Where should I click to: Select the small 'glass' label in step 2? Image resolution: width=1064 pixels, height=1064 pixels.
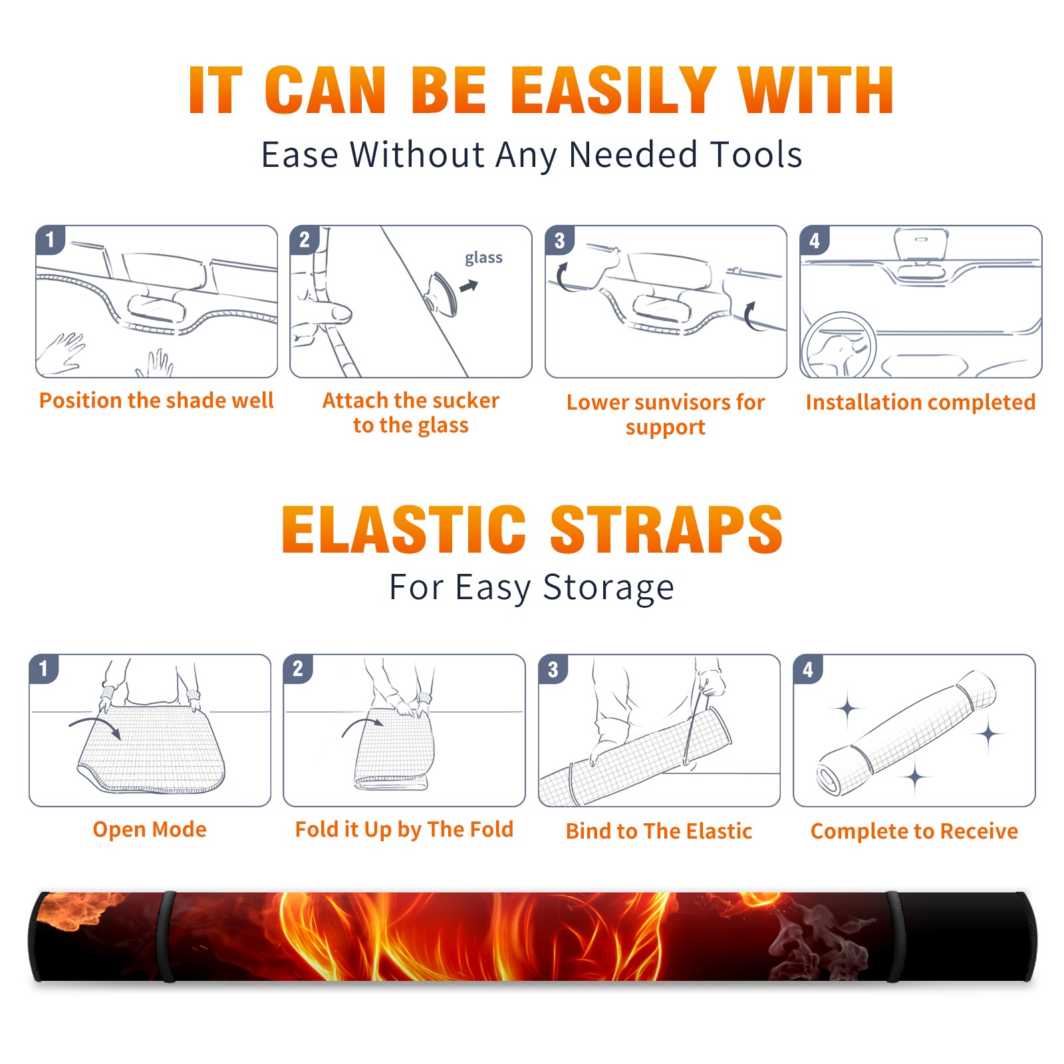pyautogui.click(x=483, y=258)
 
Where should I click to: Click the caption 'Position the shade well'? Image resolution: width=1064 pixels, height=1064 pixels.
pyautogui.click(x=156, y=400)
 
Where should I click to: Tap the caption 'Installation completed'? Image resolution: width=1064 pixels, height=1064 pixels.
pyautogui.click(x=920, y=402)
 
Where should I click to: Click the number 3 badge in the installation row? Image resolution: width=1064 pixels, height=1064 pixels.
pyautogui.click(x=559, y=240)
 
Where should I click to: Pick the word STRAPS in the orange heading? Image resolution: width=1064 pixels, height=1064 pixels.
pyautogui.click(x=666, y=529)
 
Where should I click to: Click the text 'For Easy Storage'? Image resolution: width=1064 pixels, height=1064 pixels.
pyautogui.click(x=531, y=587)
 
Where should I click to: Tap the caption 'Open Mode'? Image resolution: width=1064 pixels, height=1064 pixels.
pyautogui.click(x=150, y=829)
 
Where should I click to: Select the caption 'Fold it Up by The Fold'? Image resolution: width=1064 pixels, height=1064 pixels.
pyautogui.click(x=404, y=829)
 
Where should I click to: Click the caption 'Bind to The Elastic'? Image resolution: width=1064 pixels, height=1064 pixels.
pyautogui.click(x=659, y=831)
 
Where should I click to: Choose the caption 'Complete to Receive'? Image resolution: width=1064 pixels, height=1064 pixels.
pyautogui.click(x=914, y=831)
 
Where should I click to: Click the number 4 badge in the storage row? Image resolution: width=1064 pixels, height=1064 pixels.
pyautogui.click(x=808, y=669)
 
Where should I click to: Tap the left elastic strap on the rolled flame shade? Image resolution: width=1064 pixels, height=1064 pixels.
pyautogui.click(x=166, y=936)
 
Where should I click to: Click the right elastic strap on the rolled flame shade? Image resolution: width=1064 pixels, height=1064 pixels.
pyautogui.click(x=895, y=936)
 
